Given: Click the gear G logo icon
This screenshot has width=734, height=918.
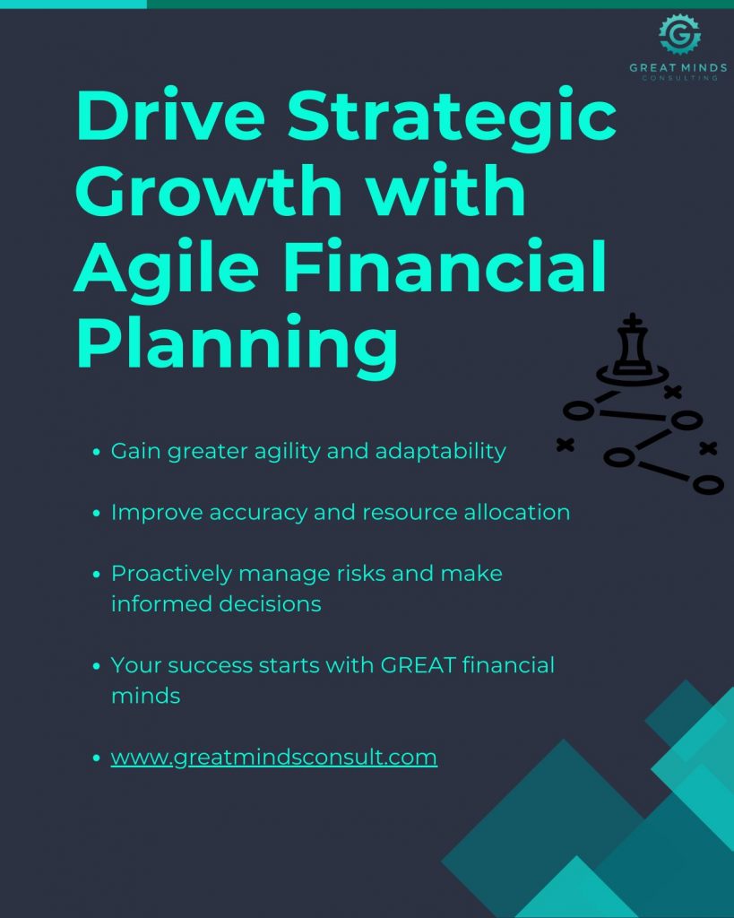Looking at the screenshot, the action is (x=679, y=35).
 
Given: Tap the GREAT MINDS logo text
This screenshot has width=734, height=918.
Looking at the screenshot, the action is (x=678, y=68).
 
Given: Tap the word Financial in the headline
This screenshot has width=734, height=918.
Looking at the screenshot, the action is (x=445, y=265).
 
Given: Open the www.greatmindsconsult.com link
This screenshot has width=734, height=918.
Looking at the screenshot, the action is (x=274, y=757).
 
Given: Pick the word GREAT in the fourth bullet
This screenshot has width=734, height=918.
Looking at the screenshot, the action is (x=419, y=665).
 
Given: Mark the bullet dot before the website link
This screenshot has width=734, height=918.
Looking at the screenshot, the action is (x=97, y=758).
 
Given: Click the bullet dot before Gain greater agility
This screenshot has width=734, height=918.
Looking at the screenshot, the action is (x=97, y=452).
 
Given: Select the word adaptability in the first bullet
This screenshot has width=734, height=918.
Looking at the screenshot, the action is (x=440, y=452).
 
